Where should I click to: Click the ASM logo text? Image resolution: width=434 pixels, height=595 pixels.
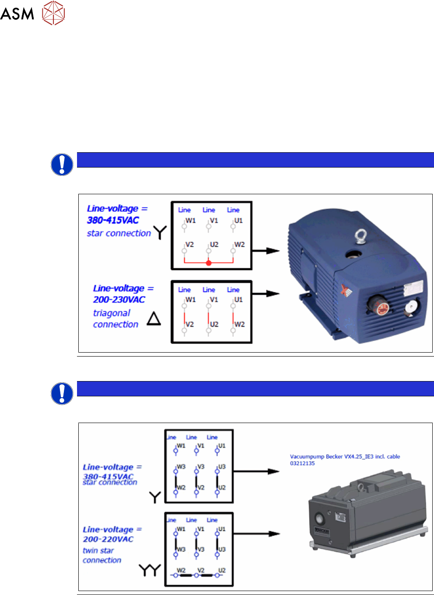(x=17, y=14)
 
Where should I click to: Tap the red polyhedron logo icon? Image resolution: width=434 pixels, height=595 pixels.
(x=53, y=13)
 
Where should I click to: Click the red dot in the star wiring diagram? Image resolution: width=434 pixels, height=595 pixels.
(x=209, y=263)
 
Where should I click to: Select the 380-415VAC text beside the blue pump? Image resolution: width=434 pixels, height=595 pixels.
(x=113, y=220)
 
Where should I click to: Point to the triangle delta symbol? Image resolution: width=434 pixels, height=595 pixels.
(x=154, y=318)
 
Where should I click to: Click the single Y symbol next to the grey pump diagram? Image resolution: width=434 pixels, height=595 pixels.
(x=155, y=497)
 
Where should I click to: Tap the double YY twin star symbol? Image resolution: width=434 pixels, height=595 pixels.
(x=150, y=570)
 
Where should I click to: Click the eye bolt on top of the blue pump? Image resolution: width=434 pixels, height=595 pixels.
(x=360, y=237)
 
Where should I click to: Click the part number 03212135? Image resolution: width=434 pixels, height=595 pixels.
(x=302, y=463)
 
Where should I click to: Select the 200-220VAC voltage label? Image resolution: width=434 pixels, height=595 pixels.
(x=108, y=539)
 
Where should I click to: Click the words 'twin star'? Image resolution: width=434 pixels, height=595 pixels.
(x=98, y=550)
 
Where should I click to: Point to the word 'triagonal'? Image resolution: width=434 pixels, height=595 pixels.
(x=112, y=313)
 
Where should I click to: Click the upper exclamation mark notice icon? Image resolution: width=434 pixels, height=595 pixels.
(x=62, y=164)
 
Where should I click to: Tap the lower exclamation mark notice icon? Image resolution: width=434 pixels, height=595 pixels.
(x=62, y=393)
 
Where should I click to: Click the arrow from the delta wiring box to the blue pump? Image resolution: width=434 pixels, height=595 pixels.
(x=266, y=294)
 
